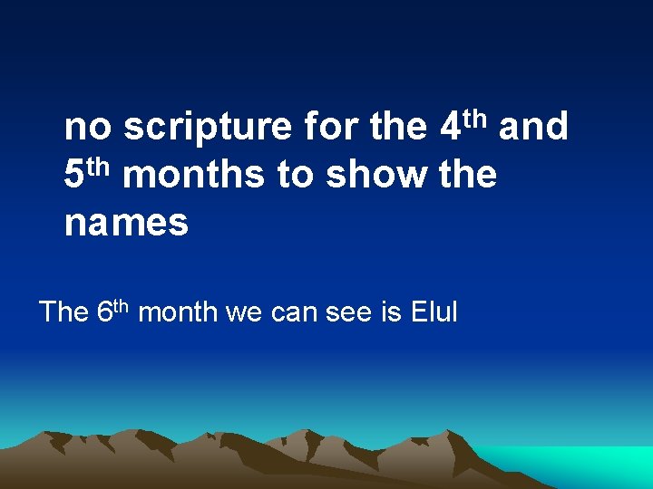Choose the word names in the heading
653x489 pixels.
pos(126,222)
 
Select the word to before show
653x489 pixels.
pos(295,175)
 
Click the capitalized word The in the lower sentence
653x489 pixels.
pos(63,313)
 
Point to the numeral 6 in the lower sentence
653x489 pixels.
pos(103,313)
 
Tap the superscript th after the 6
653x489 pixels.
pos(122,306)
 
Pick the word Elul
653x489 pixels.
pos(434,313)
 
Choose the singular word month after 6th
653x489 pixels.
pos(178,313)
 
